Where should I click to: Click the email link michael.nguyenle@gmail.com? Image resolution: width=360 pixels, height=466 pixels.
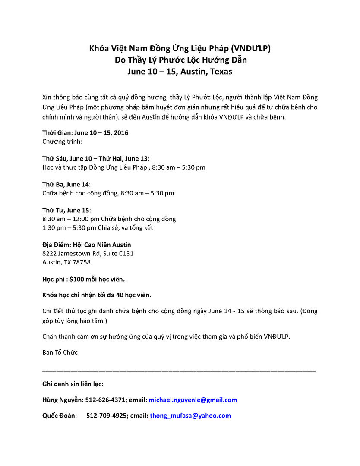coord(193,400)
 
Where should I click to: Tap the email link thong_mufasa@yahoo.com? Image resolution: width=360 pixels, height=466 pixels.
coord(190,416)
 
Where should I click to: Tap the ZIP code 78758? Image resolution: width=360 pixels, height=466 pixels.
coord(82,262)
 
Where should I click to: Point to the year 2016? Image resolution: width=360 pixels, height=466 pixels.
coord(120,133)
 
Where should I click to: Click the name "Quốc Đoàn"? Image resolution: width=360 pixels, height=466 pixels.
coord(60,416)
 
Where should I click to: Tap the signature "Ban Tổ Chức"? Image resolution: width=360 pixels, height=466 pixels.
coord(60,353)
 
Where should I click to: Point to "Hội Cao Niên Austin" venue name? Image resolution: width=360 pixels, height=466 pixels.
coord(102,245)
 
